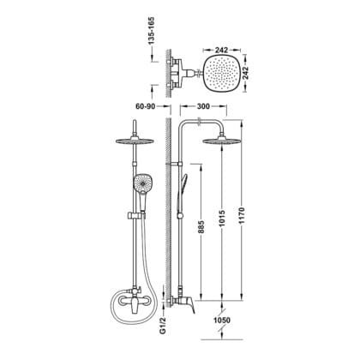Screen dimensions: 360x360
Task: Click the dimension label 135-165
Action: coord(152,31)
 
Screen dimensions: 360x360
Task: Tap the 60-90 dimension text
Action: coord(145,106)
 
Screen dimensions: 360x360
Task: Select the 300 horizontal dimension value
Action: coord(203,106)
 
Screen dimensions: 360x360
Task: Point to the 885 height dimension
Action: coord(201,227)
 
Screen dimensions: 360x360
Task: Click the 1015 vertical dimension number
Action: coord(222,219)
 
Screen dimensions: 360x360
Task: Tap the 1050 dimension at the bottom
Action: coord(222,321)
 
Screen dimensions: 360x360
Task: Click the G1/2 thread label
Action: coord(163,327)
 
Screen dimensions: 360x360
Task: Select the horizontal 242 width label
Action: coord(221,50)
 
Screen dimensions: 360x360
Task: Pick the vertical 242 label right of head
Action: coord(246,74)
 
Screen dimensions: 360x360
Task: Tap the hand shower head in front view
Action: coord(143,183)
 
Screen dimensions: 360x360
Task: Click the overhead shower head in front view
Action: coord(135,141)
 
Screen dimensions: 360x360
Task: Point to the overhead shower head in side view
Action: coord(221,141)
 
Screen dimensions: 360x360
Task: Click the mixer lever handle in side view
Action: coord(190,305)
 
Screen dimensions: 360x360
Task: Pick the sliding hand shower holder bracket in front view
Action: coord(135,216)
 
